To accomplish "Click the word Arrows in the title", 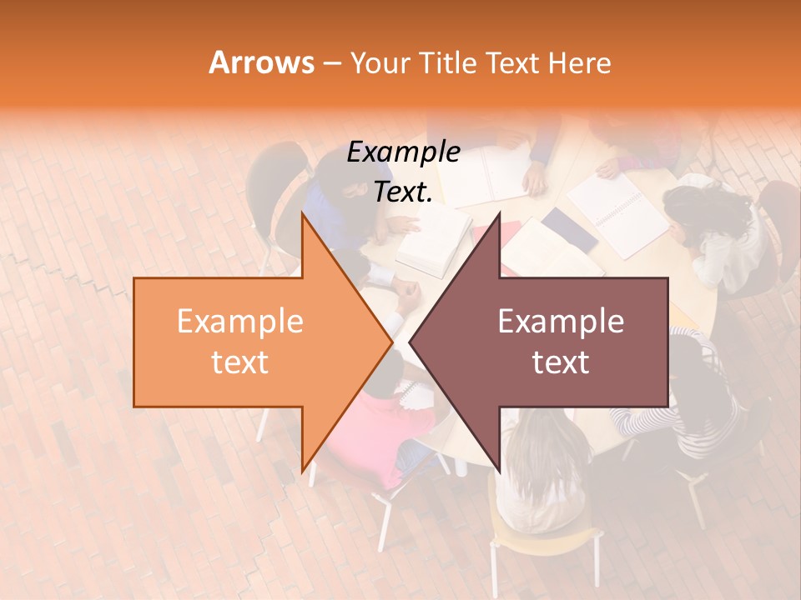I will click(260, 62).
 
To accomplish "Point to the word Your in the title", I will click(380, 62).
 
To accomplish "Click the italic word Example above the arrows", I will click(403, 152).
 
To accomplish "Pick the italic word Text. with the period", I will click(403, 192).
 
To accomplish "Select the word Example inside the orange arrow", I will click(239, 322).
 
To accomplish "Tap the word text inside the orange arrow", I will click(239, 362).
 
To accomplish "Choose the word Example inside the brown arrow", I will click(561, 322).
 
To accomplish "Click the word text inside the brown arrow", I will click(561, 362).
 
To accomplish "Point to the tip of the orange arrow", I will click(391, 342).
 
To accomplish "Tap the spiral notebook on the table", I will click(617, 212).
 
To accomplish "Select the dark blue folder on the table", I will click(570, 230).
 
